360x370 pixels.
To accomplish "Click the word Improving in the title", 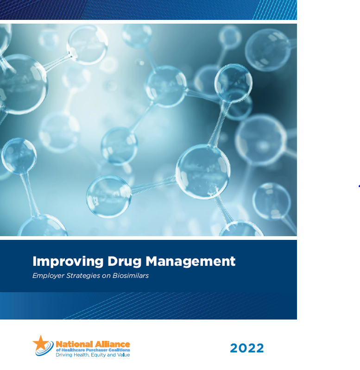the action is click(68, 262).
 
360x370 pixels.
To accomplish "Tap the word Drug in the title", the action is click(125, 262).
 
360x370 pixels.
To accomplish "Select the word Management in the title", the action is click(190, 261).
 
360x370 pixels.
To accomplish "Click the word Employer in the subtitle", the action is click(48, 276).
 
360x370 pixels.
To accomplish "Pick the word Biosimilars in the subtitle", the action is click(131, 276).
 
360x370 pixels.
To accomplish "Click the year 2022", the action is click(247, 348).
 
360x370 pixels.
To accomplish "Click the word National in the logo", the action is click(74, 344).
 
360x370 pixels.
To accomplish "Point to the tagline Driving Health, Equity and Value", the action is click(93, 355).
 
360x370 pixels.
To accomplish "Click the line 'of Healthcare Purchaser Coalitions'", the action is click(93, 350).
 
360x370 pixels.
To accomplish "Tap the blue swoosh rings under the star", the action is click(45, 350).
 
